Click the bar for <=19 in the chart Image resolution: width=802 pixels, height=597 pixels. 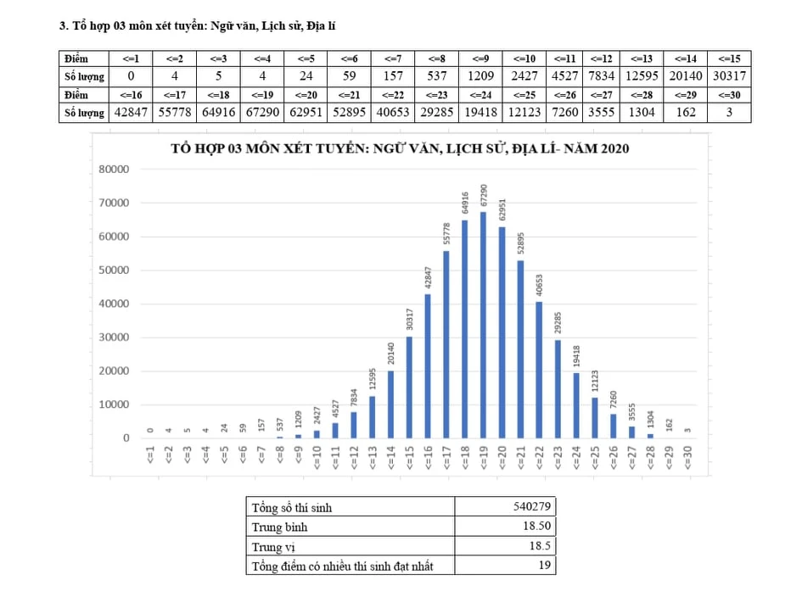coord(483,325)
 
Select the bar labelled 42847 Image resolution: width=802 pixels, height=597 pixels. coord(428,366)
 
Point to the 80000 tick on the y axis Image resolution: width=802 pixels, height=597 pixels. coord(114,169)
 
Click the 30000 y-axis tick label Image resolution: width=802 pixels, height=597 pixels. coord(114,338)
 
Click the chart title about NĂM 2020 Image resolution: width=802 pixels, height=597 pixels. coord(400,148)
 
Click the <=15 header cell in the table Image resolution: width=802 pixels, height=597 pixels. coord(728,59)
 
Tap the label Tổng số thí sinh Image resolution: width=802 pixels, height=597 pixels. coord(292,507)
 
